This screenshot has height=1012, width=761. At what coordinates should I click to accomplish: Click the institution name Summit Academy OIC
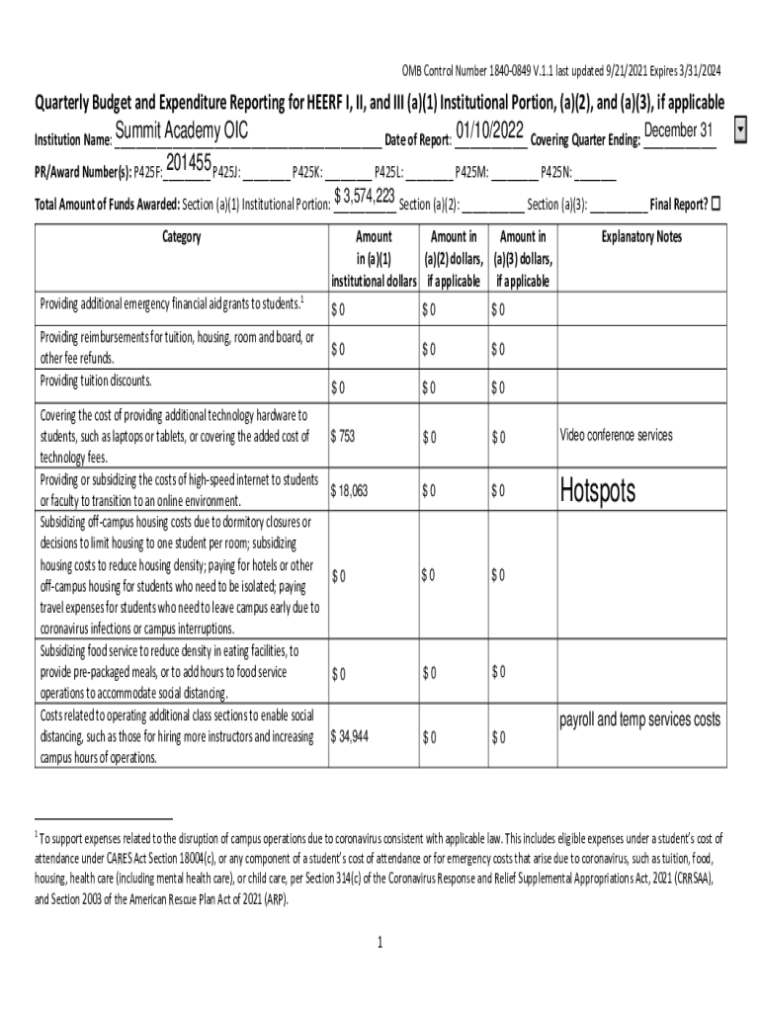[182, 132]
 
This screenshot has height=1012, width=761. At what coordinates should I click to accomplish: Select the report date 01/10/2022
[490, 131]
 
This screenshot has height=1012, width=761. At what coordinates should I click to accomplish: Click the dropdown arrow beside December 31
[742, 131]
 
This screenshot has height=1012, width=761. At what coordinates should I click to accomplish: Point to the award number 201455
[190, 162]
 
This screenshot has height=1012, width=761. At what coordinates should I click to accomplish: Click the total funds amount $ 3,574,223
[365, 196]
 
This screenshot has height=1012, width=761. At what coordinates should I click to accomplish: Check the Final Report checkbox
[717, 204]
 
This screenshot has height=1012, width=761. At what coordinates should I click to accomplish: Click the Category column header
[181, 237]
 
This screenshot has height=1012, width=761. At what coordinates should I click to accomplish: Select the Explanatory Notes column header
[641, 237]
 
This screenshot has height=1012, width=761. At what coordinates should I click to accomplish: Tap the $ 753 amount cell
[343, 436]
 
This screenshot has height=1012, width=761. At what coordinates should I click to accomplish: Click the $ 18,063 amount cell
[350, 490]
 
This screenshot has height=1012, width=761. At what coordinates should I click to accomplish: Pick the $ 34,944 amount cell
[350, 736]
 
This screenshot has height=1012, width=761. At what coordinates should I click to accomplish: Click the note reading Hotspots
[597, 490]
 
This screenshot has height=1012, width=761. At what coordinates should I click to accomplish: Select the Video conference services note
[616, 435]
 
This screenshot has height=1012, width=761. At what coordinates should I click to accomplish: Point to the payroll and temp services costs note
[640, 719]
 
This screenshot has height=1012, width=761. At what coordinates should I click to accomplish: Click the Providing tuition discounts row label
[96, 380]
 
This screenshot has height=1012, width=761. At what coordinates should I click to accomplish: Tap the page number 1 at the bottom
[380, 942]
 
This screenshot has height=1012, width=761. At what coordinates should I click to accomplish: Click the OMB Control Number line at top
[560, 70]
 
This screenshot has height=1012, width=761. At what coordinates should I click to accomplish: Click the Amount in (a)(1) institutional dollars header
[373, 258]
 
